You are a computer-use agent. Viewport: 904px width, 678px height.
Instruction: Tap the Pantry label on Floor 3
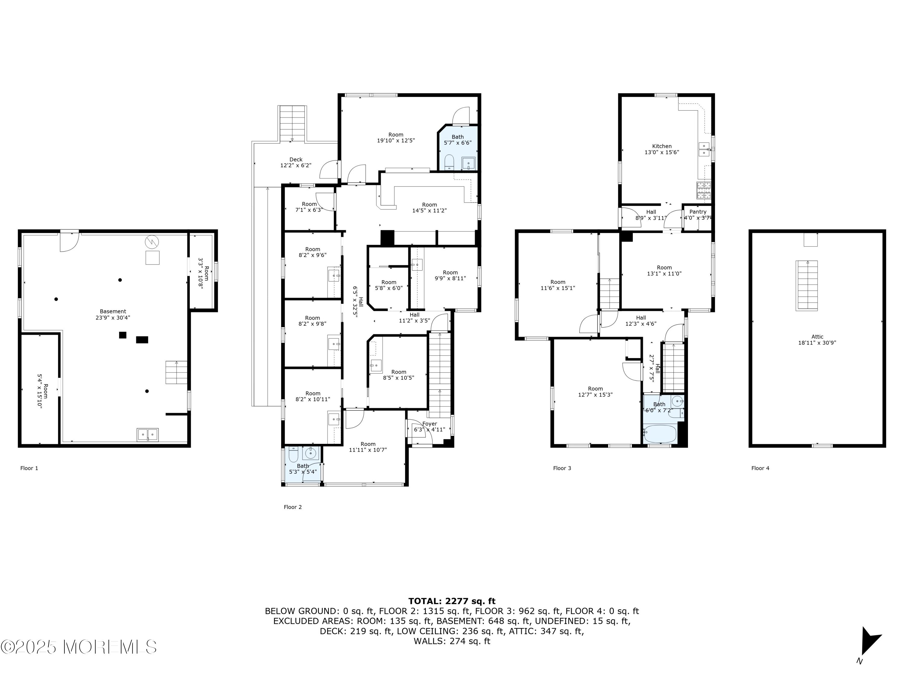(698, 212)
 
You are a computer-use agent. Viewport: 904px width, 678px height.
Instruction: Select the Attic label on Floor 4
(817, 337)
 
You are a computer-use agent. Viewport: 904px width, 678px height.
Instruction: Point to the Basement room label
(113, 311)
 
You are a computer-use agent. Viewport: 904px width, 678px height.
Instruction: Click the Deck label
(296, 160)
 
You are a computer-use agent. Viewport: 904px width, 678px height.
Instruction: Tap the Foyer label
(429, 424)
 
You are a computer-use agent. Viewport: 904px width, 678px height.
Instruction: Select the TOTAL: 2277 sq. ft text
(452, 601)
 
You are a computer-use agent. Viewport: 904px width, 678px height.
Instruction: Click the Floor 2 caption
(293, 507)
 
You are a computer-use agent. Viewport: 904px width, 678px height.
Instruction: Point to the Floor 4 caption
(760, 468)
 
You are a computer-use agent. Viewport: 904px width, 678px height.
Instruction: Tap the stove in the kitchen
(704, 190)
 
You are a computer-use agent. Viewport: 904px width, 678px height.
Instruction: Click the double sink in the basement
(148, 435)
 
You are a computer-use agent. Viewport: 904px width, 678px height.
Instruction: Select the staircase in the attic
(807, 285)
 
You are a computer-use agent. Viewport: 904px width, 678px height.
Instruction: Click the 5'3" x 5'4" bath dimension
(303, 472)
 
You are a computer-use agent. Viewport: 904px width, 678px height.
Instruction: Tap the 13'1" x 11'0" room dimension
(664, 274)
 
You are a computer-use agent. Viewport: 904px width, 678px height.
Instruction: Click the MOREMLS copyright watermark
(78, 647)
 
